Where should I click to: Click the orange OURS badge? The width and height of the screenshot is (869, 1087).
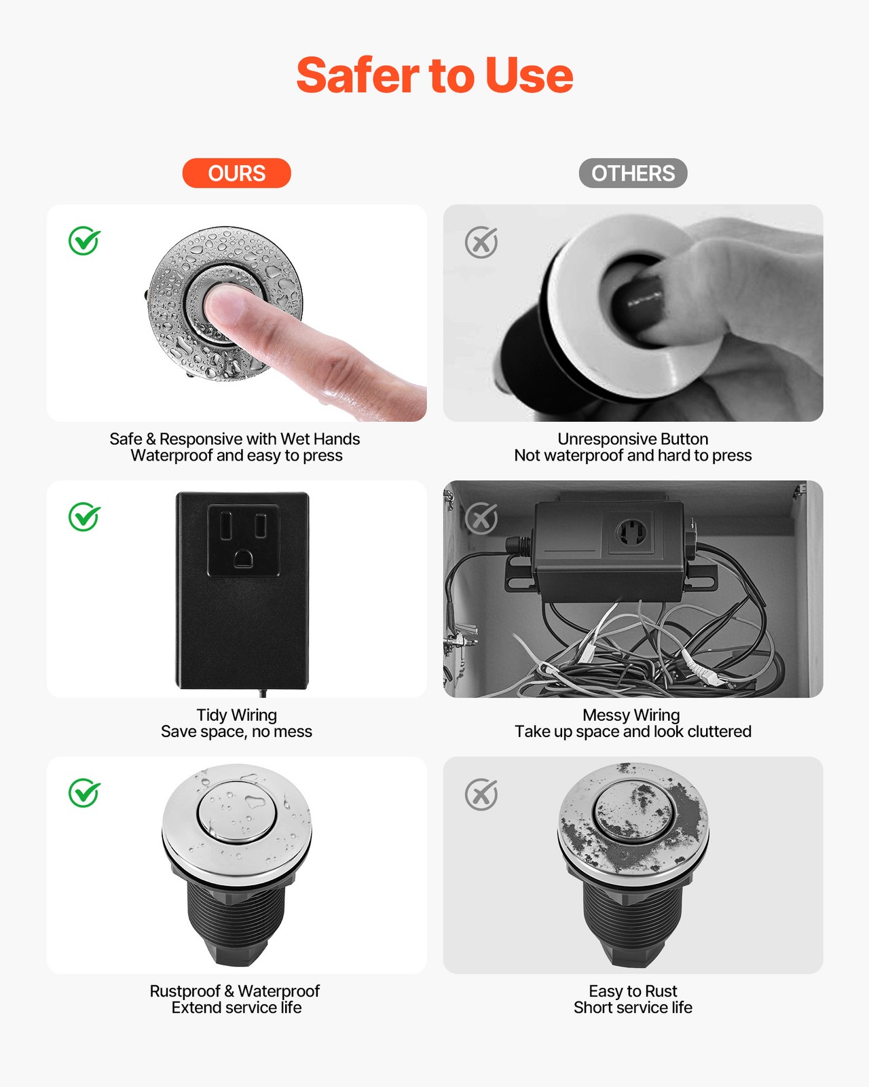tap(236, 173)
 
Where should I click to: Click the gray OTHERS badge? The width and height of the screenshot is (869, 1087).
tap(633, 173)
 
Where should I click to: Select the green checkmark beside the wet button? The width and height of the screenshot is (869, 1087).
tap(84, 241)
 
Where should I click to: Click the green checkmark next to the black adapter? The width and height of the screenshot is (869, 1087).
tap(84, 517)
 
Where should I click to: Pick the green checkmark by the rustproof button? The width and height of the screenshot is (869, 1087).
tap(84, 793)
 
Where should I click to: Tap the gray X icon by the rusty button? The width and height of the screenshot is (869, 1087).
tap(481, 794)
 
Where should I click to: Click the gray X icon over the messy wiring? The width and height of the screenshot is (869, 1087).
tap(481, 519)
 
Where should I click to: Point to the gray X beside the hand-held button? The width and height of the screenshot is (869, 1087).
tap(481, 243)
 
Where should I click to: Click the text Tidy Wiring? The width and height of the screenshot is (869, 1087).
tap(236, 715)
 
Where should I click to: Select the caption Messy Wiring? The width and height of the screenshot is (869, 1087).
tap(631, 715)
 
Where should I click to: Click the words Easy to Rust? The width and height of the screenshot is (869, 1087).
tap(633, 991)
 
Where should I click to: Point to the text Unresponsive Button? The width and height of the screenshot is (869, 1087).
tap(633, 439)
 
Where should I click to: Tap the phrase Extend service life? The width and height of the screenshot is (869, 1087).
tap(236, 1008)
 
